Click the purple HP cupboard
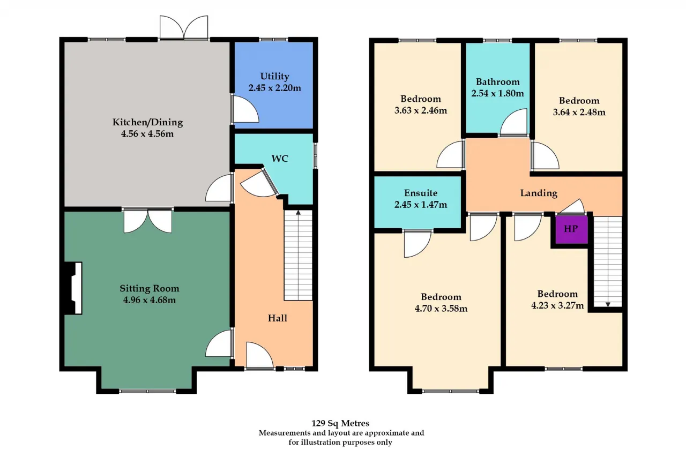click(x=571, y=229)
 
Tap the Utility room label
click(x=275, y=76)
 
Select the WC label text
click(x=280, y=159)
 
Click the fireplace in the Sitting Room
click(x=73, y=288)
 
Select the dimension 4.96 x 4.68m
click(x=150, y=300)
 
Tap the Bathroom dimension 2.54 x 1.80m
click(x=498, y=93)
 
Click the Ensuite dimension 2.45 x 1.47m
click(x=421, y=205)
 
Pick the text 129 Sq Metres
click(x=340, y=423)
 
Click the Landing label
click(x=539, y=193)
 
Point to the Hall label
click(x=278, y=318)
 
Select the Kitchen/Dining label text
click(x=147, y=123)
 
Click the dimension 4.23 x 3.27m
click(x=558, y=305)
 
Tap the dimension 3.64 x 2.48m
click(x=579, y=113)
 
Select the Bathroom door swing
click(x=514, y=123)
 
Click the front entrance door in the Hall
click(x=259, y=355)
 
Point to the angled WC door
click(x=260, y=183)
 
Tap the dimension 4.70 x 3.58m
click(x=441, y=309)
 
